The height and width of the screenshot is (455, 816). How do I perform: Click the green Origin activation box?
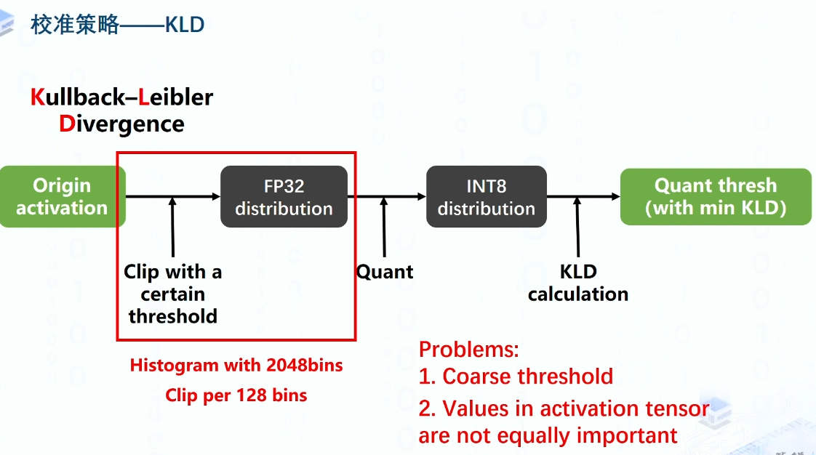(x=62, y=196)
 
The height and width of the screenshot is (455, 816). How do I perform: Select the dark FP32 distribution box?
(x=284, y=197)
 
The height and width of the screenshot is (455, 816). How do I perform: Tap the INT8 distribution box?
(x=486, y=197)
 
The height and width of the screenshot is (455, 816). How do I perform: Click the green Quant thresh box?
(x=716, y=197)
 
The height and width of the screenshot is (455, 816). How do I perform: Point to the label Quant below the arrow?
(x=384, y=272)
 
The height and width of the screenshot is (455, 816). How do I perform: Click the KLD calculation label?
(x=578, y=283)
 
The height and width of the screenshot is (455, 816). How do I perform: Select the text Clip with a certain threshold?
(x=173, y=294)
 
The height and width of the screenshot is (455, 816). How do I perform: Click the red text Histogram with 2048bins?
(x=236, y=365)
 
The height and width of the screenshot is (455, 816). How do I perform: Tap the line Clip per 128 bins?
(x=236, y=395)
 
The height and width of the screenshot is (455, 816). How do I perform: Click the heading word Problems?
(x=469, y=349)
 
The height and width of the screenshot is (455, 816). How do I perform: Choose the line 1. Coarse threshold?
(x=516, y=376)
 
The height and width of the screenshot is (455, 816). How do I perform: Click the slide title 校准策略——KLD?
(x=117, y=25)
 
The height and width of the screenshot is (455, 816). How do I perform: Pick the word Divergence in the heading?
(x=121, y=124)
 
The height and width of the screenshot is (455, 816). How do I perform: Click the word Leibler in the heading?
(x=175, y=97)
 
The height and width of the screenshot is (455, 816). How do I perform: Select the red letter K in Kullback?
(x=38, y=97)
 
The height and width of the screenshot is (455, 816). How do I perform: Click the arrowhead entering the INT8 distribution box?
(x=421, y=196)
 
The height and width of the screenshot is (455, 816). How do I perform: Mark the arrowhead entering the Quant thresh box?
(x=615, y=196)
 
